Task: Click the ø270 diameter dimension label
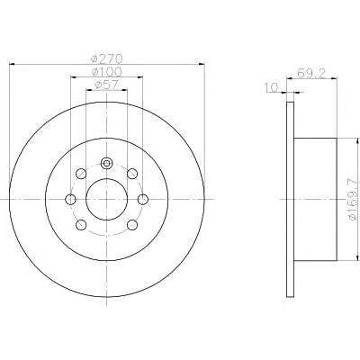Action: [x=107, y=58]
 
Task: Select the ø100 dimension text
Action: [x=107, y=72]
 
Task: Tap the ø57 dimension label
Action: [x=107, y=85]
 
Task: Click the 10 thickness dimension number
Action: [x=272, y=87]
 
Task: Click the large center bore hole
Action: [x=107, y=199]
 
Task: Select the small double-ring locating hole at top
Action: [x=106, y=164]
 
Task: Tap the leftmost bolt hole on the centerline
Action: [x=70, y=199]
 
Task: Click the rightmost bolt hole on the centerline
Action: [x=143, y=199]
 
